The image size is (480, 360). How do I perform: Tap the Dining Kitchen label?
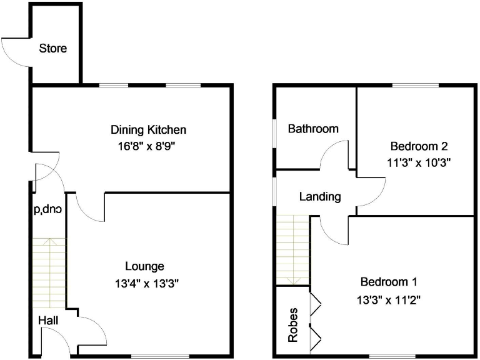point(148,130)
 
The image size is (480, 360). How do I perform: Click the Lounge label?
point(144,266)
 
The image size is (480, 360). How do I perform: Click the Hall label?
point(48,321)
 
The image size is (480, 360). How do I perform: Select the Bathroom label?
point(313,129)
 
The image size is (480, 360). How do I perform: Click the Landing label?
point(320,197)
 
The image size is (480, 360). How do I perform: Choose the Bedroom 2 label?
point(419,147)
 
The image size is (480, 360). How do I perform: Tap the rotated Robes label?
point(292,324)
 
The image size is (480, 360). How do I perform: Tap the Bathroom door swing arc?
point(333,153)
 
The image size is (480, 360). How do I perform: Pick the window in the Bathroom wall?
point(274,135)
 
